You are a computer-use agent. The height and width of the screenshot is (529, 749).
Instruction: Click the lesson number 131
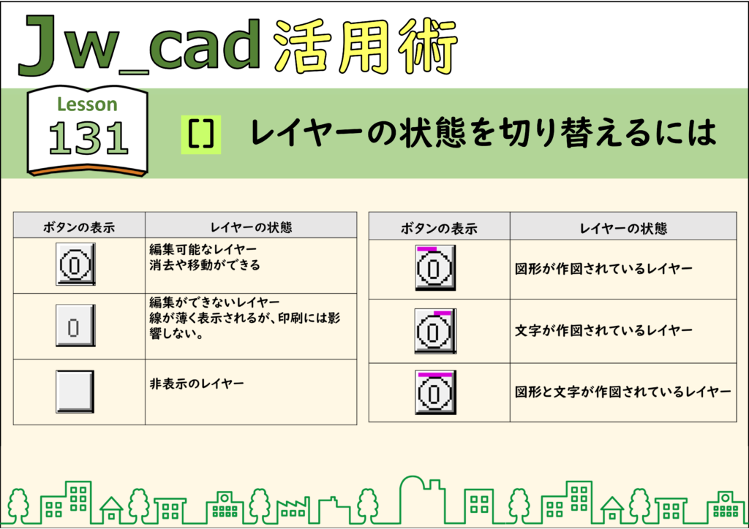coord(89,138)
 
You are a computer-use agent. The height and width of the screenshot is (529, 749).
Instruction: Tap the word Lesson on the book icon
coord(87,104)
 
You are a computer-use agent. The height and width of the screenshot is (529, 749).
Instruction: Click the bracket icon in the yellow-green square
coord(200,134)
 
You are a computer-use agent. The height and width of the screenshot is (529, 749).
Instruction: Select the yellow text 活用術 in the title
coord(366,47)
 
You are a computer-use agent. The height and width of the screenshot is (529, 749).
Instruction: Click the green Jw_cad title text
coord(139,45)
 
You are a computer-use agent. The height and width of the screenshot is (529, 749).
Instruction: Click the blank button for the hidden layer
coord(75,391)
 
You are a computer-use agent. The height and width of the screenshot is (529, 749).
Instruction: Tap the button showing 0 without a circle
coord(75,325)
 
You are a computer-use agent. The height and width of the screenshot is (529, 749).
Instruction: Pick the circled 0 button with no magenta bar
coord(75,264)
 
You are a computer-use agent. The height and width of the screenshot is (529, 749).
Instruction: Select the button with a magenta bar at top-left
coord(435,267)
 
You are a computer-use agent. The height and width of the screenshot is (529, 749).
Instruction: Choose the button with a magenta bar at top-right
coord(435,330)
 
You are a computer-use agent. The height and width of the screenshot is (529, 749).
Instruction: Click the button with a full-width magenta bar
coord(435,392)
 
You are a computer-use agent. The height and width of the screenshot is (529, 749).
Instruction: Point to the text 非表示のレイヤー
coord(197,384)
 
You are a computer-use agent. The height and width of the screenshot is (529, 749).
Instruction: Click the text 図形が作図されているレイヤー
coord(603,269)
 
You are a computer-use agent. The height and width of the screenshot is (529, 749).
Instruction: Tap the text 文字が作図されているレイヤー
coord(603,330)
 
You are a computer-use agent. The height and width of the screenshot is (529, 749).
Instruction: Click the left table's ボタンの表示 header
coord(79,227)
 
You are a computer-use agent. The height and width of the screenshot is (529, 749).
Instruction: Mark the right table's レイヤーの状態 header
coord(623,229)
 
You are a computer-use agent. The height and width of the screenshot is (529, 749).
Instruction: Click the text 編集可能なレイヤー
coord(203,249)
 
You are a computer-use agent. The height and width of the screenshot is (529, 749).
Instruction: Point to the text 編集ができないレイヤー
coord(214,302)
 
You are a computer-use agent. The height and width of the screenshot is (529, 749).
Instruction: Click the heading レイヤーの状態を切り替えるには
coord(483,132)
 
